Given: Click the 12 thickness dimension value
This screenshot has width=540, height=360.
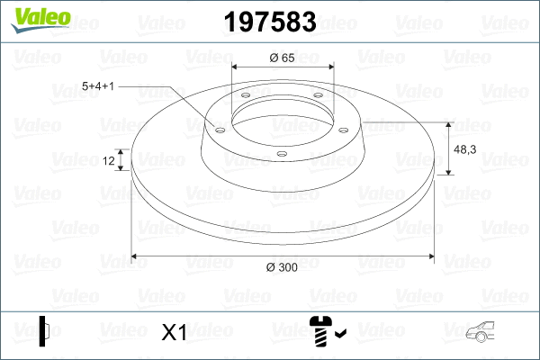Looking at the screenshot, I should click(x=109, y=161).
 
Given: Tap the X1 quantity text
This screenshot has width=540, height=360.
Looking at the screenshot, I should click(x=173, y=333).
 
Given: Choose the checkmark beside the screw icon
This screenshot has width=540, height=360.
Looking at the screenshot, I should click(x=339, y=336).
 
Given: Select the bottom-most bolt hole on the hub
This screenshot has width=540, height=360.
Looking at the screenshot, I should click(x=281, y=154).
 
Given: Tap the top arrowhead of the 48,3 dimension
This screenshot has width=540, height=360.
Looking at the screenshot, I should click(x=449, y=124).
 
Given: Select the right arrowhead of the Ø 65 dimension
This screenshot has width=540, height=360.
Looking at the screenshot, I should click(x=329, y=67).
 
